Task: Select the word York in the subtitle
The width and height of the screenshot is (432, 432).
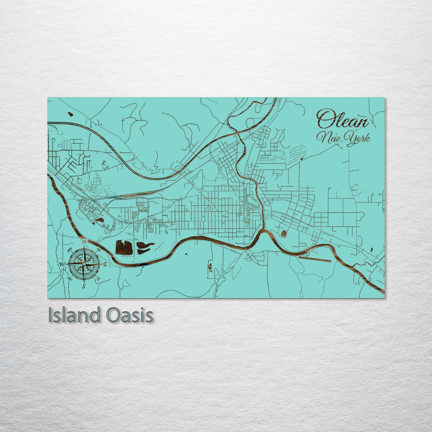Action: coord(358,138)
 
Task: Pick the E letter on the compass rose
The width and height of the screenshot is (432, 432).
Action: coord(105,264)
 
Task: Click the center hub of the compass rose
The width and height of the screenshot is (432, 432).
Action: coord(84,264)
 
